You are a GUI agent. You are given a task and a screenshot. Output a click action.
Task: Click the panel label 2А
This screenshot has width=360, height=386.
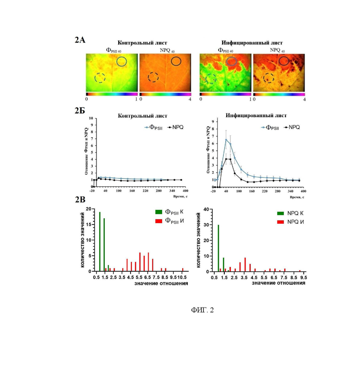point(80,40)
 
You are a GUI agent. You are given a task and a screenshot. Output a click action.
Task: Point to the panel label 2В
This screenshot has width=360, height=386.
point(80,200)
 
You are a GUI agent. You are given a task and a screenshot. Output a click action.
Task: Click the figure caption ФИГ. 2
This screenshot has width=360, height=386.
point(203,310)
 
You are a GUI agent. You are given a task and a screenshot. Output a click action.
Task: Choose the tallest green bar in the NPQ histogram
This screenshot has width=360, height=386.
point(218,248)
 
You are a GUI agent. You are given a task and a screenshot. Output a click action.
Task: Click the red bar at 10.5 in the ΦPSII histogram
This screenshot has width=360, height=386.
point(183,270)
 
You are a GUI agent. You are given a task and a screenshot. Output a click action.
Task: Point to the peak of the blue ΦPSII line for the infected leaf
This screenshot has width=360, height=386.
point(226,139)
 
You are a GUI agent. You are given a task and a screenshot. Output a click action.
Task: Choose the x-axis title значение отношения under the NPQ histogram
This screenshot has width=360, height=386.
point(278,284)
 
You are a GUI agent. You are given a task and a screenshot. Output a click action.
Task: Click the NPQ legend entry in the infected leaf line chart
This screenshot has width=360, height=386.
point(290,127)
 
